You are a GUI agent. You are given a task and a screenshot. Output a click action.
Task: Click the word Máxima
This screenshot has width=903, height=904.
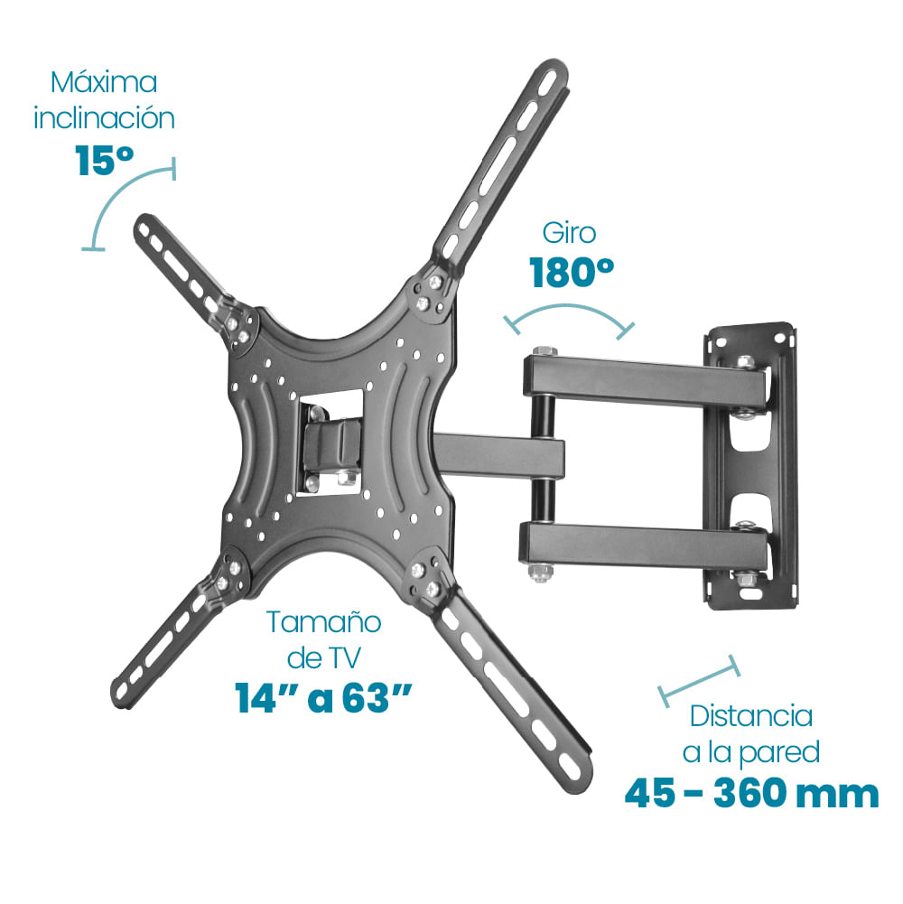click(x=104, y=82)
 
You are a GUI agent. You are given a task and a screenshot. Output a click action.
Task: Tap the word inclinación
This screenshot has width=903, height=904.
click(x=104, y=118)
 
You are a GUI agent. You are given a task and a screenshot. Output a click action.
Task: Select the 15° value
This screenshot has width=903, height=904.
click(x=105, y=160)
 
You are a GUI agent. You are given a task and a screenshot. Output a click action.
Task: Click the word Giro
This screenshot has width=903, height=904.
click(x=569, y=233)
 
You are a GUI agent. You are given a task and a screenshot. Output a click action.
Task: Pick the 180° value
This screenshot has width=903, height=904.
click(x=572, y=272)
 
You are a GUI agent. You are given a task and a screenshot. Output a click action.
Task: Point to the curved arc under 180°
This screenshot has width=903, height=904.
click(x=569, y=309)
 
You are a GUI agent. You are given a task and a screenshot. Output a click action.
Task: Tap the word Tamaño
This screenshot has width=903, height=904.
click(x=323, y=622)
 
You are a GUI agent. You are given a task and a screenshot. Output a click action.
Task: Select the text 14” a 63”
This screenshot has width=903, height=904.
click(x=323, y=698)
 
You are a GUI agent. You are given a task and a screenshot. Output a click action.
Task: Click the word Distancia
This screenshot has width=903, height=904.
click(x=751, y=716)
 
